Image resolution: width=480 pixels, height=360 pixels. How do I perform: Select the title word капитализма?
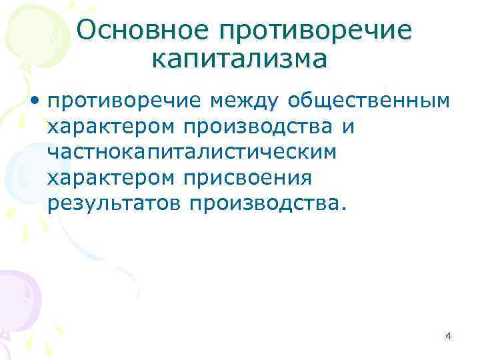(239, 59)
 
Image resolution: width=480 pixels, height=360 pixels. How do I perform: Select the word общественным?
(369, 102)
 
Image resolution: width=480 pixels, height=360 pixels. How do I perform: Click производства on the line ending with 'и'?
(263, 127)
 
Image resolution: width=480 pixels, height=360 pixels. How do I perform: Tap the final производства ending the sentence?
(263, 203)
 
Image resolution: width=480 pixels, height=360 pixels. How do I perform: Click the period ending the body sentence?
(344, 208)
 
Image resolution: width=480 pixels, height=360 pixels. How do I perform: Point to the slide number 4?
(448, 336)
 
